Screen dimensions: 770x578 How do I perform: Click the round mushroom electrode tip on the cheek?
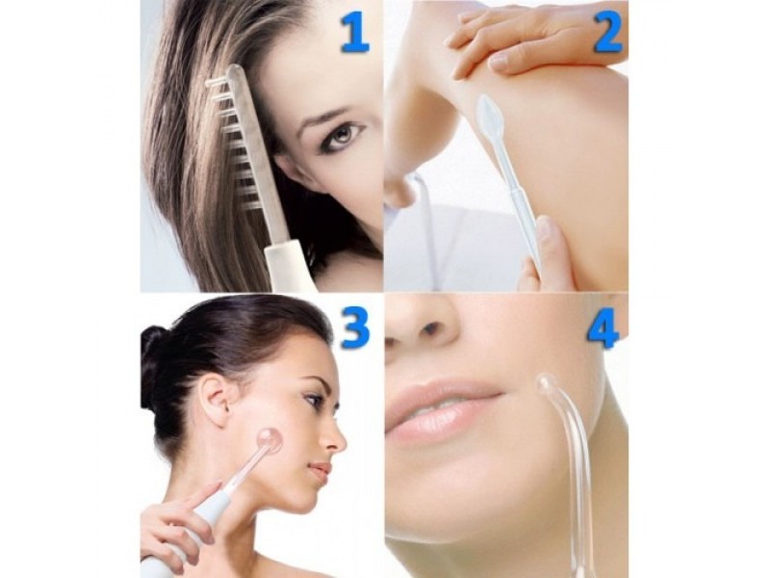pos(269,440)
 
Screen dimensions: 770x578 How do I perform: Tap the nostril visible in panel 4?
pos(431,328)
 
